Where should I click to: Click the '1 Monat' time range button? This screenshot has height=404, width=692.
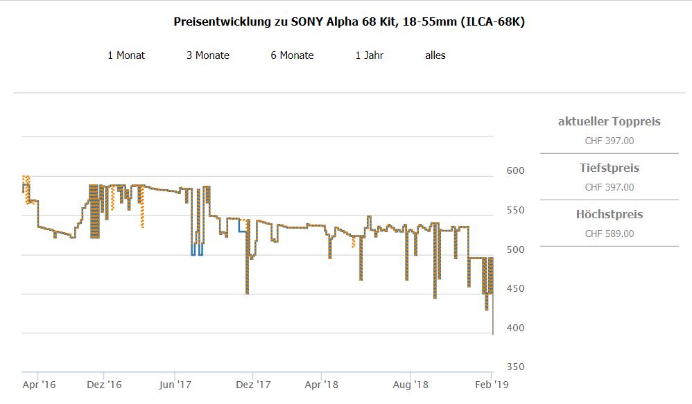click(x=126, y=55)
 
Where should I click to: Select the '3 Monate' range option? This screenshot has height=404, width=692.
click(x=207, y=55)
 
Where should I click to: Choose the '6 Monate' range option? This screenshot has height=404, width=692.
click(x=292, y=55)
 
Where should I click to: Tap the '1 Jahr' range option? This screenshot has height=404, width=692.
click(x=369, y=55)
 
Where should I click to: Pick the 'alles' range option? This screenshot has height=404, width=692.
click(x=435, y=55)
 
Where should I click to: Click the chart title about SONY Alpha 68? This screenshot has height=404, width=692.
click(x=349, y=22)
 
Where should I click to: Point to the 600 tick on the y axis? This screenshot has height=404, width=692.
click(x=514, y=170)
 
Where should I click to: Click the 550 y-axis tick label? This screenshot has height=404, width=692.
click(x=514, y=210)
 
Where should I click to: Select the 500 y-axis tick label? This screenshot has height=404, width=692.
click(x=514, y=249)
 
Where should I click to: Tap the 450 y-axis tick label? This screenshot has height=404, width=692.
click(x=514, y=288)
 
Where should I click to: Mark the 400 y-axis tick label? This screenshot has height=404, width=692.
click(x=514, y=328)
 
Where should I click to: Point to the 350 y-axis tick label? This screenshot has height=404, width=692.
click(x=514, y=367)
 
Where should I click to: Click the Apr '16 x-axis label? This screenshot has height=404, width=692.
click(x=39, y=384)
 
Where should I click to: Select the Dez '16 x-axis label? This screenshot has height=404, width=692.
click(x=105, y=384)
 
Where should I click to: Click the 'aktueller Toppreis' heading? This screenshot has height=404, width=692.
click(x=609, y=122)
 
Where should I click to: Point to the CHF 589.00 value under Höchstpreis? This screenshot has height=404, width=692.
click(x=609, y=234)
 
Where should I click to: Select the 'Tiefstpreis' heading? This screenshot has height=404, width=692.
click(x=609, y=168)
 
